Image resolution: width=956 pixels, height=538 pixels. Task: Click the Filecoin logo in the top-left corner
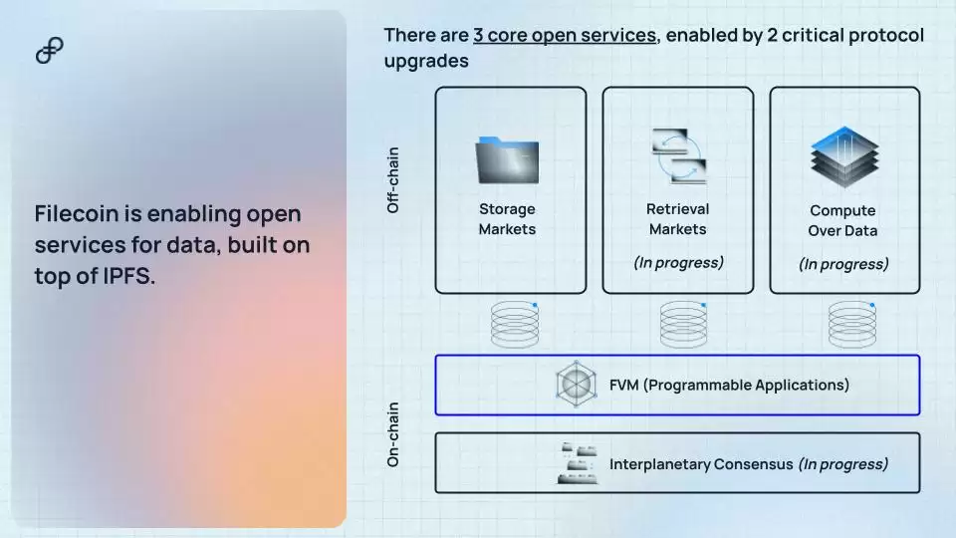point(50,50)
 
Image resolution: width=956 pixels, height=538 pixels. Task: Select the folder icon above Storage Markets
point(507,160)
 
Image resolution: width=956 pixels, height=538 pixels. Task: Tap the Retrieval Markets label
point(677,219)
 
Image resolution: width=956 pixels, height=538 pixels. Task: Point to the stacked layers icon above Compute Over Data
point(844,156)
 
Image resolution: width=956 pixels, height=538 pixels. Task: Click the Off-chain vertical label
point(393,180)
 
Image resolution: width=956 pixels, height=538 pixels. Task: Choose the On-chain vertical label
point(393,434)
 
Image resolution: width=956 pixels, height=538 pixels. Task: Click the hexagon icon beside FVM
point(577,384)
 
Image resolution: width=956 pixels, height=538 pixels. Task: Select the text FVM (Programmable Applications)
point(729,385)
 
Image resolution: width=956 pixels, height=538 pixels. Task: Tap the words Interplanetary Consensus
point(701,464)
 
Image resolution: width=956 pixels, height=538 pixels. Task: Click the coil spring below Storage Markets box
point(515,324)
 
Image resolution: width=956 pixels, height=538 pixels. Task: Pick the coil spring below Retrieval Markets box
point(683,324)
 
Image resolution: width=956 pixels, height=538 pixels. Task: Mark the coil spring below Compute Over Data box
point(852,324)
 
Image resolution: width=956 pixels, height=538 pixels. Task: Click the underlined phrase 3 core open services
point(565,36)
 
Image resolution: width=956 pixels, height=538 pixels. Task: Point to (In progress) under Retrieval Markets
point(678,262)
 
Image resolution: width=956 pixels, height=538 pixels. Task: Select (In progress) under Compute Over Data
point(843,264)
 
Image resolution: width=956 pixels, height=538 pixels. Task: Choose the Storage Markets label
point(507,219)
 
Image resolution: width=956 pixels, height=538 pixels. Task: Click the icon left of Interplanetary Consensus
point(578,463)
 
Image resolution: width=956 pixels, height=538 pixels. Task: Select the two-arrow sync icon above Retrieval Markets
point(679,156)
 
